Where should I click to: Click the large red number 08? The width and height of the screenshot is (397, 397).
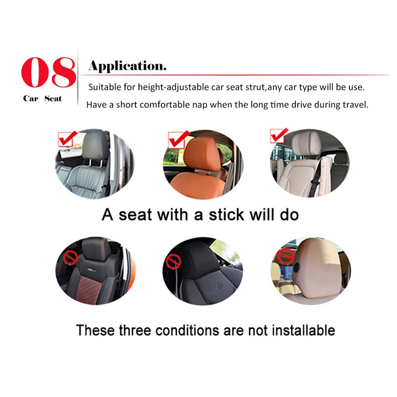tap(49, 72)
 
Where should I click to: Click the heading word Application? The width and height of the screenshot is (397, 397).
tap(128, 66)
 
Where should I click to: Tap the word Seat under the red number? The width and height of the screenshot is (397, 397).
tap(53, 98)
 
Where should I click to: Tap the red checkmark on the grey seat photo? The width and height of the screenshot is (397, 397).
tap(67, 138)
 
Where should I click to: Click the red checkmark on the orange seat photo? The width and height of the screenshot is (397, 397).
tap(179, 139)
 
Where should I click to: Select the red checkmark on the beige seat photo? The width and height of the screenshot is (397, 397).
tap(279, 135)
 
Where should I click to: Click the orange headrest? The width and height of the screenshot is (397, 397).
tap(202, 154)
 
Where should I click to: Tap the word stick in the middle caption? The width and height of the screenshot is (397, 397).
tap(227, 215)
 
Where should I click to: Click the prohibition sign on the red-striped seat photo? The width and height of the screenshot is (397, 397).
tap(70, 258)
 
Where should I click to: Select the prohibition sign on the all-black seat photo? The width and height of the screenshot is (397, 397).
tap(173, 261)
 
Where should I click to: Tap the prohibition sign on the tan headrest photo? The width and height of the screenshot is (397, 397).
tap(286, 256)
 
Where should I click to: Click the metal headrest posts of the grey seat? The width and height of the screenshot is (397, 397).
tap(95, 163)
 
